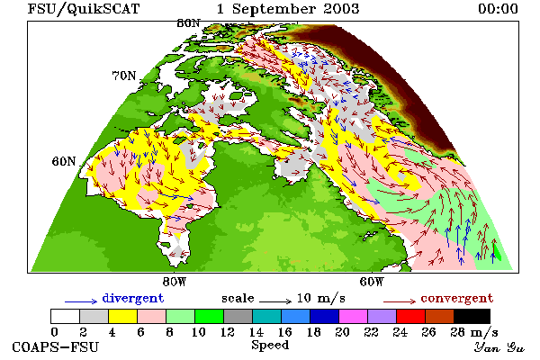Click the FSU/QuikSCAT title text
point(84,9)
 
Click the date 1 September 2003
point(288,9)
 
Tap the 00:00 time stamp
point(498,9)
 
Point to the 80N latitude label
point(188,23)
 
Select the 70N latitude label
point(124,76)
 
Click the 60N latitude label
point(64,161)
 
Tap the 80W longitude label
point(175,282)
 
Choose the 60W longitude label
point(372,282)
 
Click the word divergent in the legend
point(133,298)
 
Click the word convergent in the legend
point(457,298)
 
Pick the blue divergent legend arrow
point(81,302)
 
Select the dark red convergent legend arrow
point(400,302)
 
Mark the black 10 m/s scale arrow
point(275,301)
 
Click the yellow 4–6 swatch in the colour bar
point(123,316)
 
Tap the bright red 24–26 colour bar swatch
point(410,316)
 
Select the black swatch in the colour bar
point(472,316)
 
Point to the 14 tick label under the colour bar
point(256,332)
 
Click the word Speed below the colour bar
point(270,346)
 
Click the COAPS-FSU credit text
point(56,346)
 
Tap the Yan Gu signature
point(499,347)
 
